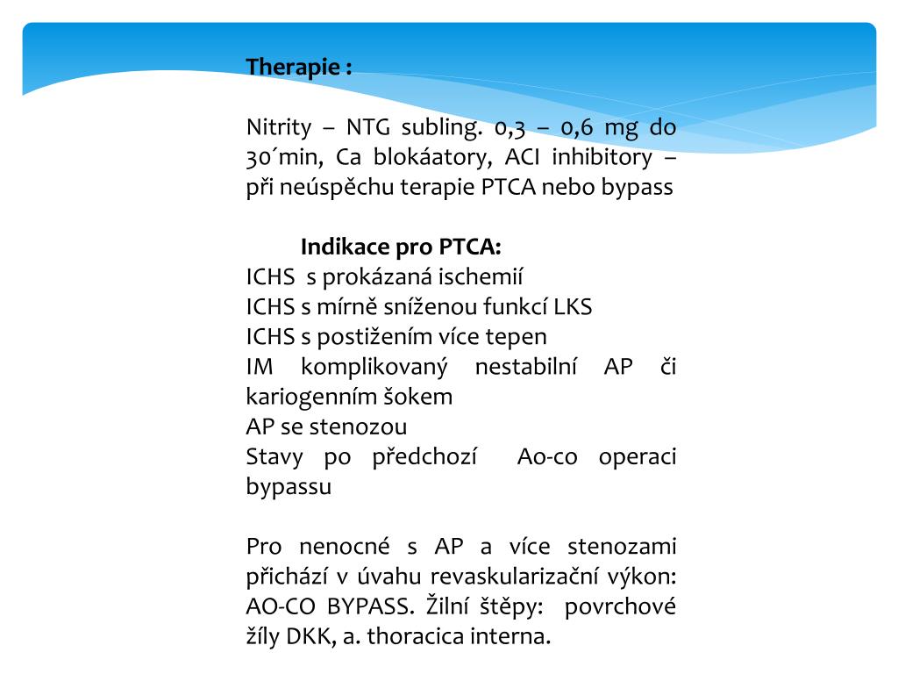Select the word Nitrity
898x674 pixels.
coord(279,127)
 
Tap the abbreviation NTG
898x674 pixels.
coord(366,127)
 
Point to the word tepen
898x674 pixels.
coord(517,337)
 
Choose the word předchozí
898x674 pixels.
coord(424,457)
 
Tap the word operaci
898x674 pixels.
coord(638,457)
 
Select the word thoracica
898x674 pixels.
coord(412,637)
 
